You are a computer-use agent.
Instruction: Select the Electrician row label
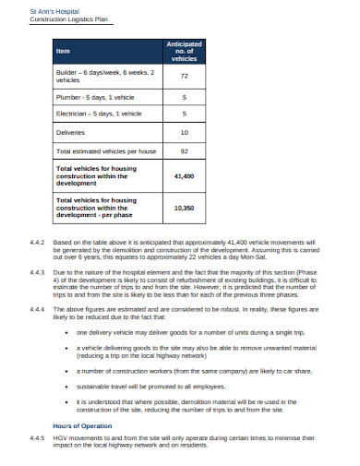point(99,114)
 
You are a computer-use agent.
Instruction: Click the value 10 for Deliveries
point(185,132)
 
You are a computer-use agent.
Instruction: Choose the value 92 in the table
point(185,149)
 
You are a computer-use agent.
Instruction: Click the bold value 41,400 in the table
point(185,174)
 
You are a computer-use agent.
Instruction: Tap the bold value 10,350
point(185,209)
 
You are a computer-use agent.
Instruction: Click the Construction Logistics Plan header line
point(59,18)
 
